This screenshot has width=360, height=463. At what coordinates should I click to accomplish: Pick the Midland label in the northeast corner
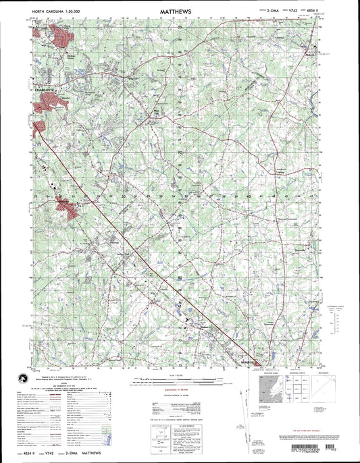(x=309, y=55)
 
